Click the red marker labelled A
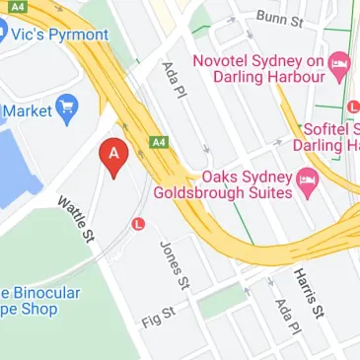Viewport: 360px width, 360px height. pos(114,156)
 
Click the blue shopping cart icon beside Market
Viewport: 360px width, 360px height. pos(68,108)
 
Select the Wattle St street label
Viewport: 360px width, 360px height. pos(75,220)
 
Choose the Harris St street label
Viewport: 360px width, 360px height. pos(307,293)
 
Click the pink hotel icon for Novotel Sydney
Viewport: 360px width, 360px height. pos(340,66)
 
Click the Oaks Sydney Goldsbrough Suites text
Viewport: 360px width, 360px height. pos(246,184)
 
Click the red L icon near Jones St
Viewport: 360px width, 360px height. pos(139,224)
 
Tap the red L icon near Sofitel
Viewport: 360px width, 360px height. pos(354,107)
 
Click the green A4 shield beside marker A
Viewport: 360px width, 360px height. pos(156,142)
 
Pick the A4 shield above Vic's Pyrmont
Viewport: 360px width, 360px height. pos(17,7)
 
